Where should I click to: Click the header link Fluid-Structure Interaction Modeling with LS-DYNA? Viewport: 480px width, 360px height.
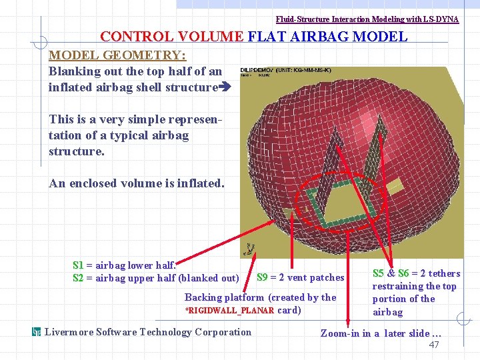tap(367, 19)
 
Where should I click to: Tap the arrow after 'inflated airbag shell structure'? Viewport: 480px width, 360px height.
tap(225, 87)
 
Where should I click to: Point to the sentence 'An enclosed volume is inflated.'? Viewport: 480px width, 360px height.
tap(137, 183)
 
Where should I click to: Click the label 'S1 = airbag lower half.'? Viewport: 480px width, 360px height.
tap(124, 265)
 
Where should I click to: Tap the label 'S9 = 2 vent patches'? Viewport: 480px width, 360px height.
tap(301, 277)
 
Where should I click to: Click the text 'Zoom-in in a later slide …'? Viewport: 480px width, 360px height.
tap(381, 333)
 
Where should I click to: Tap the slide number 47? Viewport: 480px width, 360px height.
tap(434, 345)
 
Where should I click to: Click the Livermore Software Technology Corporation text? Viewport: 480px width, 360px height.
tap(148, 332)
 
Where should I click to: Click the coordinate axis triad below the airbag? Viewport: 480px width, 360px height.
tap(249, 249)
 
